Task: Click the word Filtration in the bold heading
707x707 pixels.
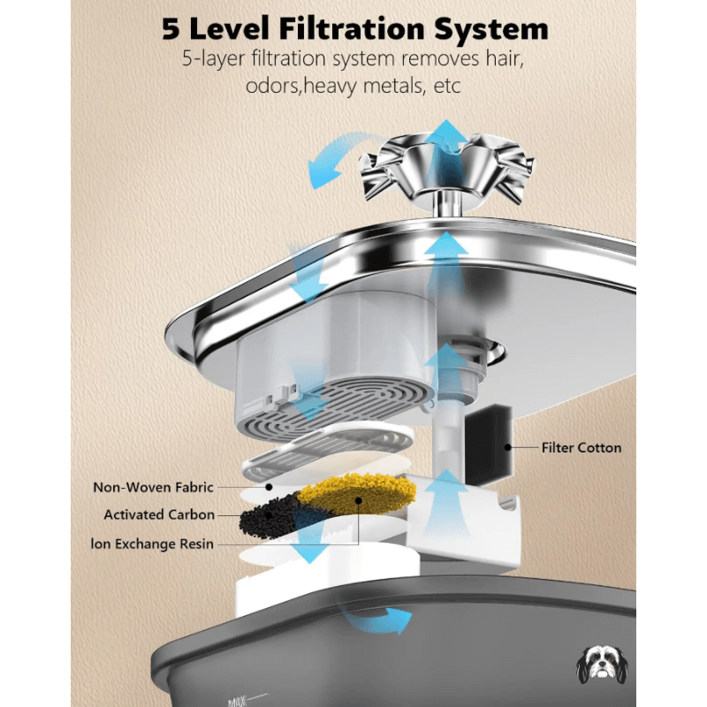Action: [352, 29]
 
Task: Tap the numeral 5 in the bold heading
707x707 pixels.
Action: [171, 29]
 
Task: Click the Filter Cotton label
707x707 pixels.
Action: [582, 448]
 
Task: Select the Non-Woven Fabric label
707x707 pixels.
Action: [153, 488]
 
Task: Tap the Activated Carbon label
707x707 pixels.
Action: [159, 514]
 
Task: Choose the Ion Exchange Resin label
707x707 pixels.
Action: [152, 544]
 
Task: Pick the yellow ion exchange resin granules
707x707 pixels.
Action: [356, 494]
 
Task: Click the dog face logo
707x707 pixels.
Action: [603, 665]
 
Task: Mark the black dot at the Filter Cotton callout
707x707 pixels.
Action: [508, 447]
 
